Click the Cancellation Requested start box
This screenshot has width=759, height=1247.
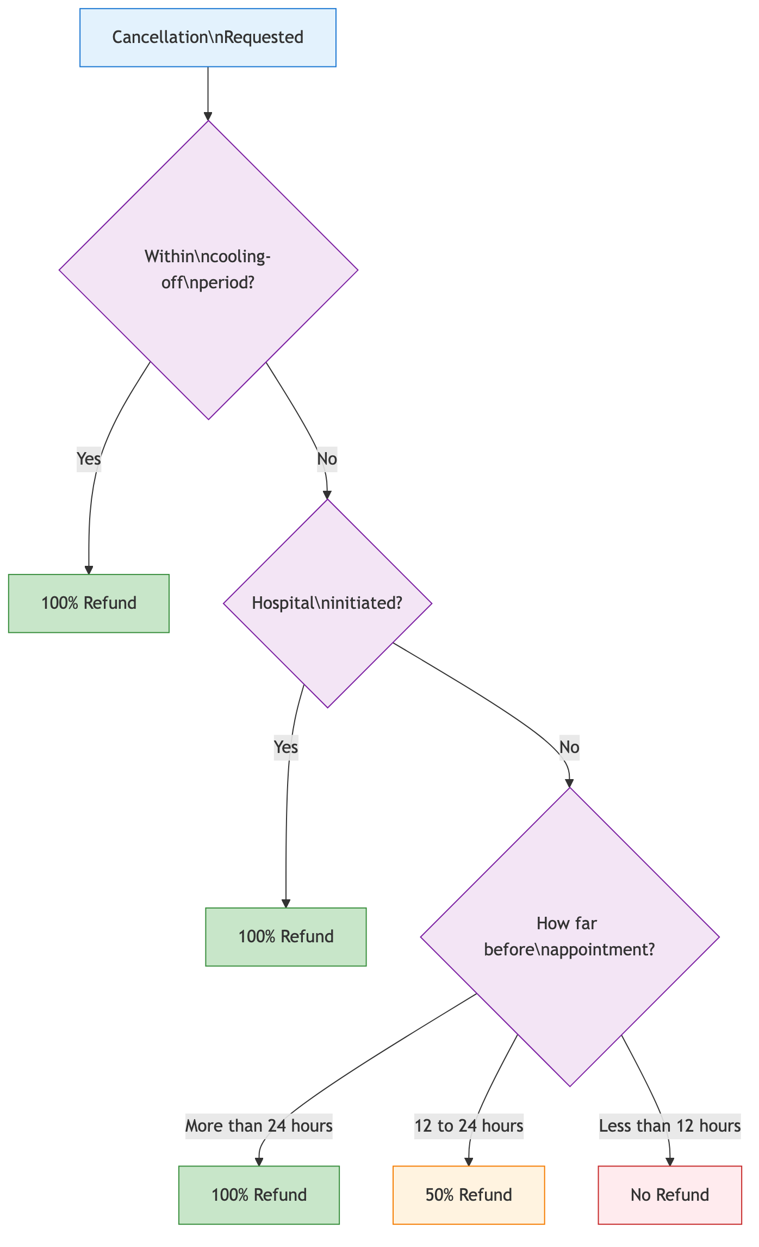click(208, 38)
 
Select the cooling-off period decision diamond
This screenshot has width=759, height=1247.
click(208, 270)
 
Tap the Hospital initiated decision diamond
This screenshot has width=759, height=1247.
click(327, 603)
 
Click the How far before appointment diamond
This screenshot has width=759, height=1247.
click(569, 936)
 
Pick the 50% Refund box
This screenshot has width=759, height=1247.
click(468, 1195)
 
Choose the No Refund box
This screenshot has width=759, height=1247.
click(669, 1195)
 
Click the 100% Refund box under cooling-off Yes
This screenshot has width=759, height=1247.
click(89, 603)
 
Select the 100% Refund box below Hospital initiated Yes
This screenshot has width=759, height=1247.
click(285, 936)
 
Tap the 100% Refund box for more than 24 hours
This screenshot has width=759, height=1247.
click(259, 1195)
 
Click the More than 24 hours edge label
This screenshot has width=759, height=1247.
click(259, 1125)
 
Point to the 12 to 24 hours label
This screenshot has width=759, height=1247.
click(469, 1125)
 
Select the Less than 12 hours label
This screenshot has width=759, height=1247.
click(669, 1125)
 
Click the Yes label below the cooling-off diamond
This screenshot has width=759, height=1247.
click(89, 459)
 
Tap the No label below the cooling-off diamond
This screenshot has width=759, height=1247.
click(327, 459)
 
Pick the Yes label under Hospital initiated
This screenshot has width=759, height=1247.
click(286, 747)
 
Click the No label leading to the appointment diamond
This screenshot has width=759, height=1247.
click(569, 747)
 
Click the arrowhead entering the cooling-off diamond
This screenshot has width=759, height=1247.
click(208, 116)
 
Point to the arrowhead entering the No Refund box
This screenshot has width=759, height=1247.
click(670, 1162)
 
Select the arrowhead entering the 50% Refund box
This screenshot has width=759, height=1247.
click(469, 1162)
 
